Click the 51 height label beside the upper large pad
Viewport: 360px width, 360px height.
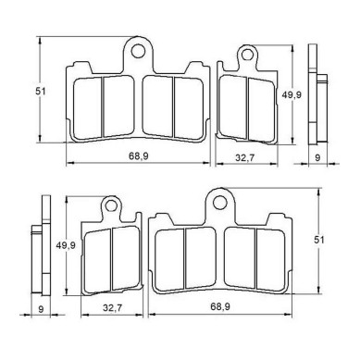pyautogui.click(x=41, y=92)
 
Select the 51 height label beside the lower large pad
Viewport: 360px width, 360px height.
pyautogui.click(x=319, y=240)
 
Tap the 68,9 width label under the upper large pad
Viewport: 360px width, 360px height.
pyautogui.click(x=139, y=156)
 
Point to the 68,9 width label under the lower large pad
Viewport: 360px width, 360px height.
pyautogui.click(x=220, y=306)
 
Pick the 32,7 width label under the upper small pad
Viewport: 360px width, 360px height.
pyautogui.click(x=244, y=157)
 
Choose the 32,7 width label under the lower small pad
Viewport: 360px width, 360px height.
pyautogui.click(x=112, y=308)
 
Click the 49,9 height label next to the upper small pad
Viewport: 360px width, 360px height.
pyautogui.click(x=292, y=95)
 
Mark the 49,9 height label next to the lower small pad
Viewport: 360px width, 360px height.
pyautogui.click(x=66, y=245)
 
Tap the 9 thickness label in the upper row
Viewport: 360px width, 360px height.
pyautogui.click(x=317, y=157)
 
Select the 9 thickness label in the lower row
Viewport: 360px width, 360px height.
pyautogui.click(x=41, y=309)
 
